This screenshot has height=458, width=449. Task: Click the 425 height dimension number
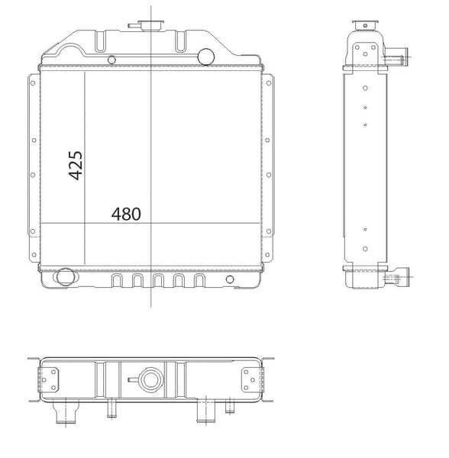pyautogui.click(x=76, y=166)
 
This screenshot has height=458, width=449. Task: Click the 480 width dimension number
pyautogui.click(x=126, y=214)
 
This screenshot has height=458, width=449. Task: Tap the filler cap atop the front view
pyautogui.click(x=150, y=25)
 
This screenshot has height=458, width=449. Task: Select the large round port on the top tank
pyautogui.click(x=206, y=56)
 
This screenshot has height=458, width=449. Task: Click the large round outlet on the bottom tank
pyautogui.click(x=65, y=277)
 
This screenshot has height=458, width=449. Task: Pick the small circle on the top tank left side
pyautogui.click(x=111, y=60)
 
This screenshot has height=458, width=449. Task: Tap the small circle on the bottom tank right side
pyautogui.click(x=230, y=279)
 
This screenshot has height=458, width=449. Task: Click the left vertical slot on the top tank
pyautogui.click(x=99, y=41)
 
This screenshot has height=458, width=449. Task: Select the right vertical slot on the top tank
pyautogui.click(x=180, y=41)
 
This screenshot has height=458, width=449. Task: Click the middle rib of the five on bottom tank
pyautogui.click(x=158, y=281)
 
